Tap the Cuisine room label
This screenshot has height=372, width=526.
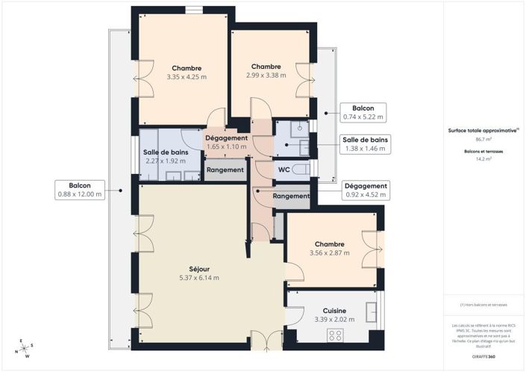coord(334,310)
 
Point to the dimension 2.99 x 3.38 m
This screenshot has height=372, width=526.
coord(266,75)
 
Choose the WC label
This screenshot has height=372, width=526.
coord(284,170)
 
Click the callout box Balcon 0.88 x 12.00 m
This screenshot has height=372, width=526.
coord(80,190)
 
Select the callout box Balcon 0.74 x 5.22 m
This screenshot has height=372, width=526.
coord(363,112)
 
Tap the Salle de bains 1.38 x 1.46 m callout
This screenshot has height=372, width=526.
coord(364,143)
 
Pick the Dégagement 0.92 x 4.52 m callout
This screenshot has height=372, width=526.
coord(364,190)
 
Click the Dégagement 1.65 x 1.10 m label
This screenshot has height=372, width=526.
coord(226,142)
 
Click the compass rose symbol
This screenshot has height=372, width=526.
coord(24,348)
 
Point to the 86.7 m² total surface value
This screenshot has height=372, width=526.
coord(483,139)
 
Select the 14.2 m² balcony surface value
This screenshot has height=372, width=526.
coord(483,158)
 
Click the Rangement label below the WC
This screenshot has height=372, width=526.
coord(291,196)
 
